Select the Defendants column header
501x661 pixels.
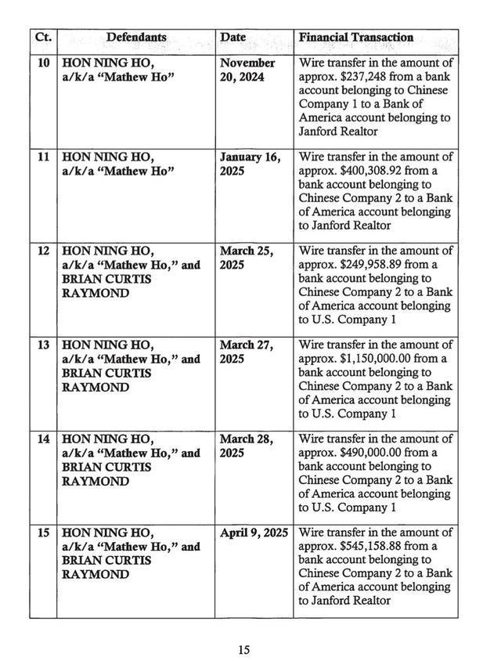pyautogui.click(x=136, y=37)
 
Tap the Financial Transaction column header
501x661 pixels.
pyautogui.click(x=356, y=37)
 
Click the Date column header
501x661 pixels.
pyautogui.click(x=233, y=37)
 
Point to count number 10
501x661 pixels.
pyautogui.click(x=43, y=63)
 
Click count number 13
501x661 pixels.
pyautogui.click(x=43, y=345)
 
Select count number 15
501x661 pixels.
pyautogui.click(x=43, y=533)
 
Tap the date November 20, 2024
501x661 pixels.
pyautogui.click(x=247, y=70)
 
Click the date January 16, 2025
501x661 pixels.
pyautogui.click(x=250, y=164)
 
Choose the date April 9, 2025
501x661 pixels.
pyautogui.click(x=254, y=533)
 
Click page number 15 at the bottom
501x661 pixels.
pyautogui.click(x=243, y=649)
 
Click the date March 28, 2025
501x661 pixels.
pyautogui.click(x=246, y=446)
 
